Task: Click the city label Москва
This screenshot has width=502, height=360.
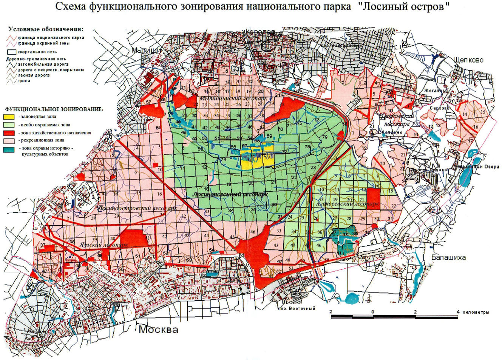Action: pyautogui.click(x=158, y=329)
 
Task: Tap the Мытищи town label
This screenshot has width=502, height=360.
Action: pyautogui.click(x=147, y=50)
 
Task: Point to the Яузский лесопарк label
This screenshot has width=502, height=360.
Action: pyautogui.click(x=103, y=245)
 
